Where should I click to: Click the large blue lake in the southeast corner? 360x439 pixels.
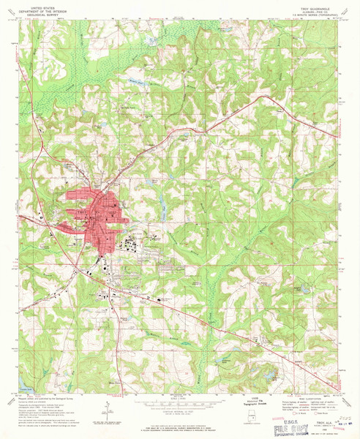coord(269,374)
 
